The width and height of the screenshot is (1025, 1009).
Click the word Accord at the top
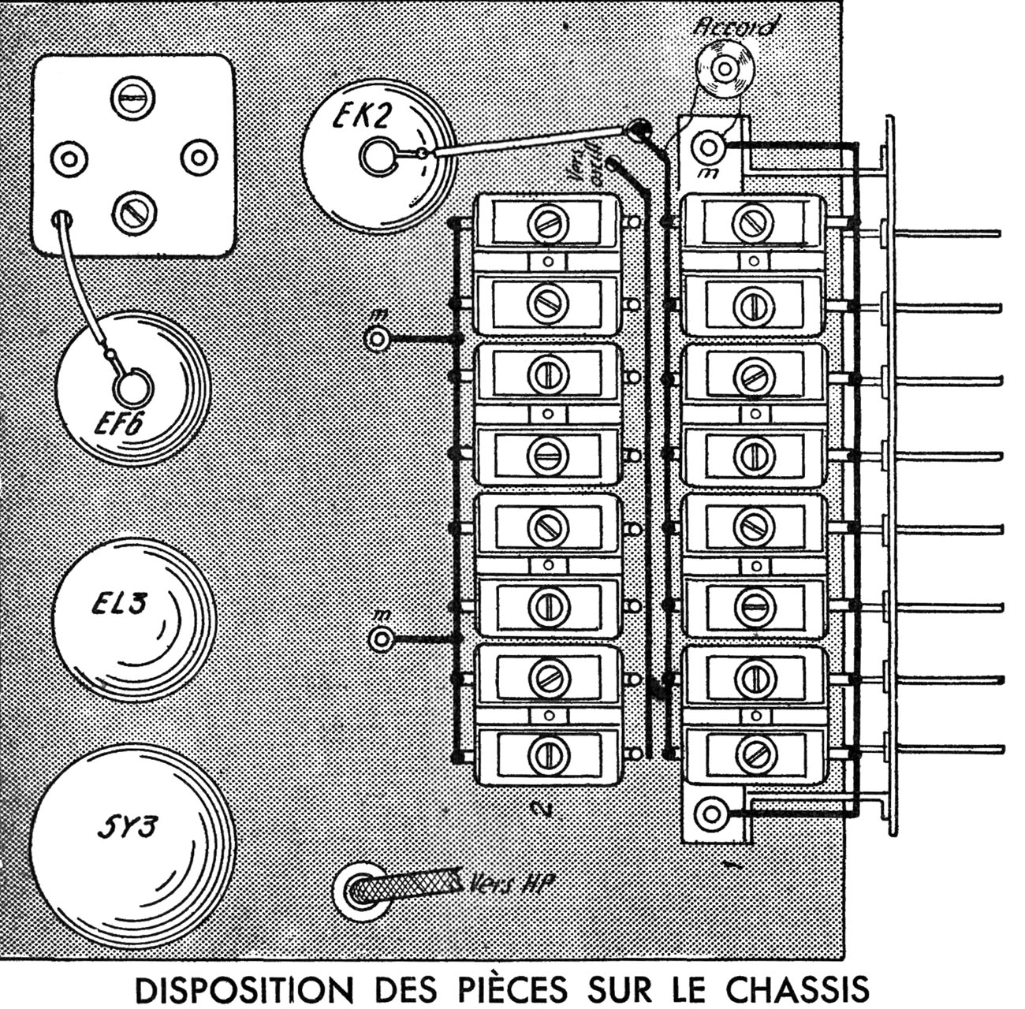click(x=736, y=27)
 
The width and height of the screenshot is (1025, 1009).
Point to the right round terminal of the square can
click(x=199, y=158)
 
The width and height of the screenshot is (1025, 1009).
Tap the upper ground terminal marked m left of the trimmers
click(x=378, y=339)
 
